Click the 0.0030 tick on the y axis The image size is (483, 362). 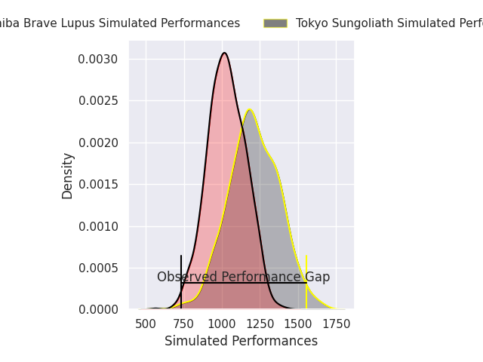(100, 59)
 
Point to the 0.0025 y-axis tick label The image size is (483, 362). (100, 100)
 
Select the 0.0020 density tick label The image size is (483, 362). (100, 143)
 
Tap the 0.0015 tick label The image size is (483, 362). (100, 184)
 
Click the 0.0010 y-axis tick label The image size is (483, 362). (100, 226)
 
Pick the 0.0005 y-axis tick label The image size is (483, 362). (100, 268)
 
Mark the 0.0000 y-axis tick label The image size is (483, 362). (100, 309)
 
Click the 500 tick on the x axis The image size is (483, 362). (146, 324)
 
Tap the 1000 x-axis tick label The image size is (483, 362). (222, 324)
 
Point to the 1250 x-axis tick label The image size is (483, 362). (260, 324)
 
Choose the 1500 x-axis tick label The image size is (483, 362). (298, 324)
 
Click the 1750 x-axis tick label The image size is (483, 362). (337, 324)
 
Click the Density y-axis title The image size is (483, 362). (68, 176)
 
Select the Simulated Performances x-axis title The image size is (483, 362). (241, 341)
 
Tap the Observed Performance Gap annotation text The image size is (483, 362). (243, 277)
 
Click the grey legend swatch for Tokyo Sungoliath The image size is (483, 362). (275, 23)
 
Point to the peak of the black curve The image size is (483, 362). (224, 53)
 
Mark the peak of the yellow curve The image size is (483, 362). (249, 110)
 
